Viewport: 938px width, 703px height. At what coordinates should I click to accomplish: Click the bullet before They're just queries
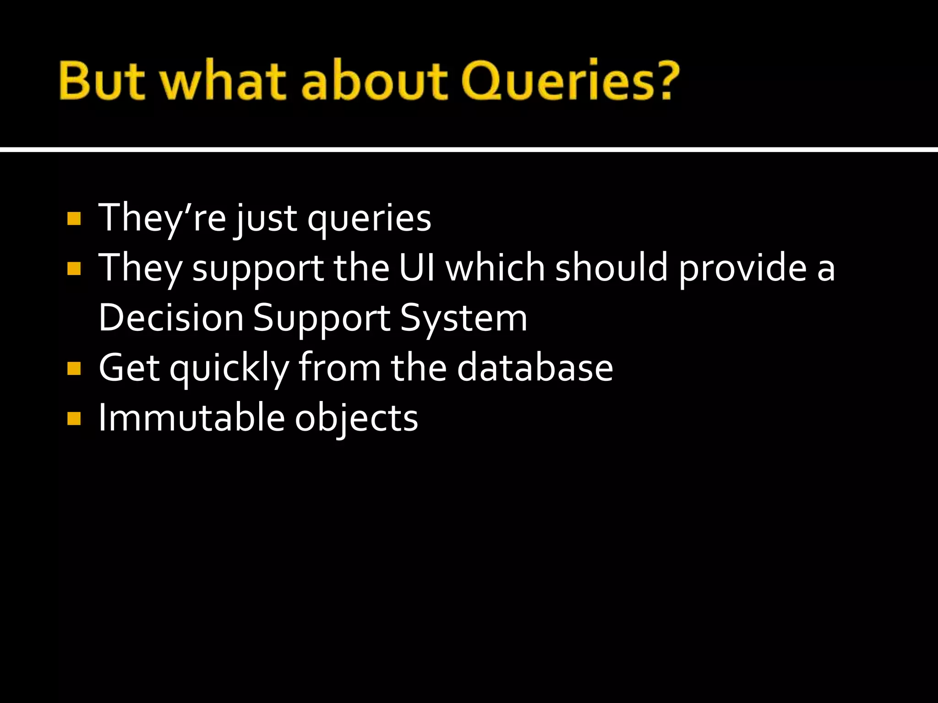pos(74,219)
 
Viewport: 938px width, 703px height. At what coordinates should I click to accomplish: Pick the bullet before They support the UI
pos(74,269)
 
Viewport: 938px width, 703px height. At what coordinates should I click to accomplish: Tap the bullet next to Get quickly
pos(74,369)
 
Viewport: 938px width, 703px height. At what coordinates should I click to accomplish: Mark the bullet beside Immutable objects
pos(74,419)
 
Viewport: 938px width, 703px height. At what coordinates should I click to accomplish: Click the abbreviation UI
pos(417,268)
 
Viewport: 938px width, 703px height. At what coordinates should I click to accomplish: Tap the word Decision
pos(171,318)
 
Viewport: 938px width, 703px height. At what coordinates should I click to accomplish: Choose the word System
pos(464,319)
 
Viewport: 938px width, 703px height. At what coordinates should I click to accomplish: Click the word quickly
pos(229,369)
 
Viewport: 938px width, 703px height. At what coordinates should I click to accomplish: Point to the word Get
pos(129,368)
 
